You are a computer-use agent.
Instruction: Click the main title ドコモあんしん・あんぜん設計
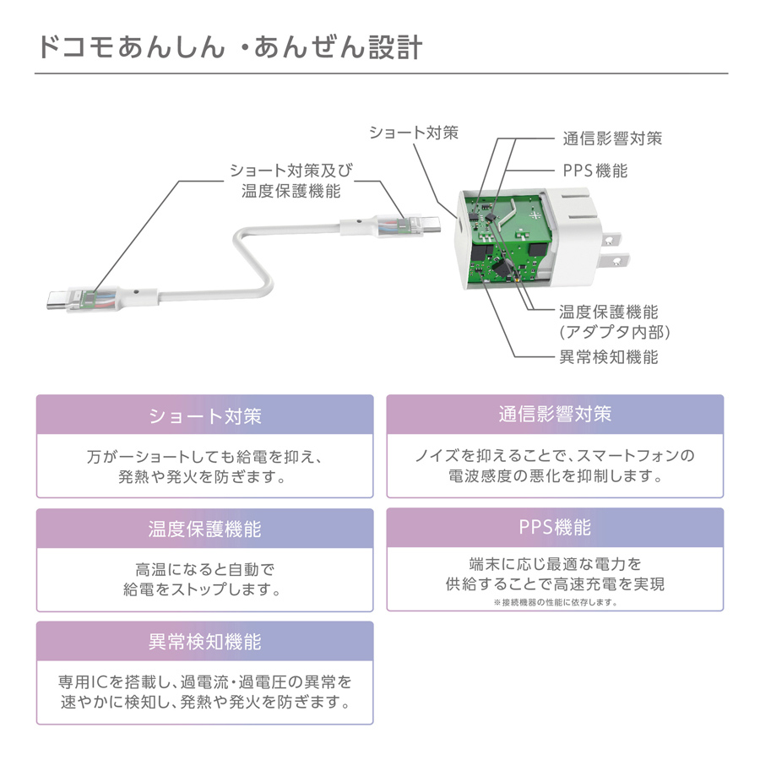(x=229, y=46)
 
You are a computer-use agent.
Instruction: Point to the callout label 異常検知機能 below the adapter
(x=608, y=357)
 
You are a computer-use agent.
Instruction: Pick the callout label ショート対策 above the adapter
(x=413, y=133)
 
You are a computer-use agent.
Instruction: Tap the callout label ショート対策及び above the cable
(x=290, y=171)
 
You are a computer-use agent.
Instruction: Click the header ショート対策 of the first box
(x=204, y=416)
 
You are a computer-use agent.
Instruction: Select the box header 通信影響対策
(x=555, y=415)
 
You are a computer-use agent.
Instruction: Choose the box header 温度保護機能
(x=204, y=529)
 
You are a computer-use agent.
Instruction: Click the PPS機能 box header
(x=555, y=528)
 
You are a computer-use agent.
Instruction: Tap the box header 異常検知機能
(x=204, y=642)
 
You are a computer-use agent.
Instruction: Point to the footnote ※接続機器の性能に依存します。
(x=555, y=603)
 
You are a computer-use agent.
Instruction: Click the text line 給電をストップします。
(x=204, y=589)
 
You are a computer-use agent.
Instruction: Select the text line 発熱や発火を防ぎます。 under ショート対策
(x=204, y=477)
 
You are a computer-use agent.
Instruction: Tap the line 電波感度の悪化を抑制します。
(x=555, y=476)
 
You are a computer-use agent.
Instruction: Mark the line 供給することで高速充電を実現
(x=555, y=584)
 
